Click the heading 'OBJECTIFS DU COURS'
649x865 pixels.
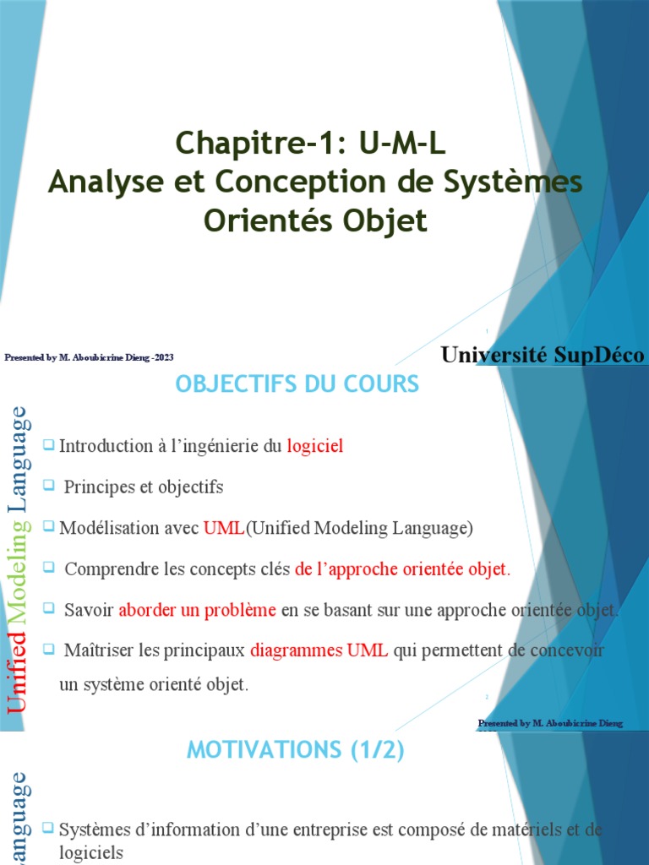pos(297,384)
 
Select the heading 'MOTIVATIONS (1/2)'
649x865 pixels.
pos(296,749)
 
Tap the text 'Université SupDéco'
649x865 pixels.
pos(543,355)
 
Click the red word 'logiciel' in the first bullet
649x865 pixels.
pos(315,446)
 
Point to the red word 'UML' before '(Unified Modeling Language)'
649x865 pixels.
pos(224,529)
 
